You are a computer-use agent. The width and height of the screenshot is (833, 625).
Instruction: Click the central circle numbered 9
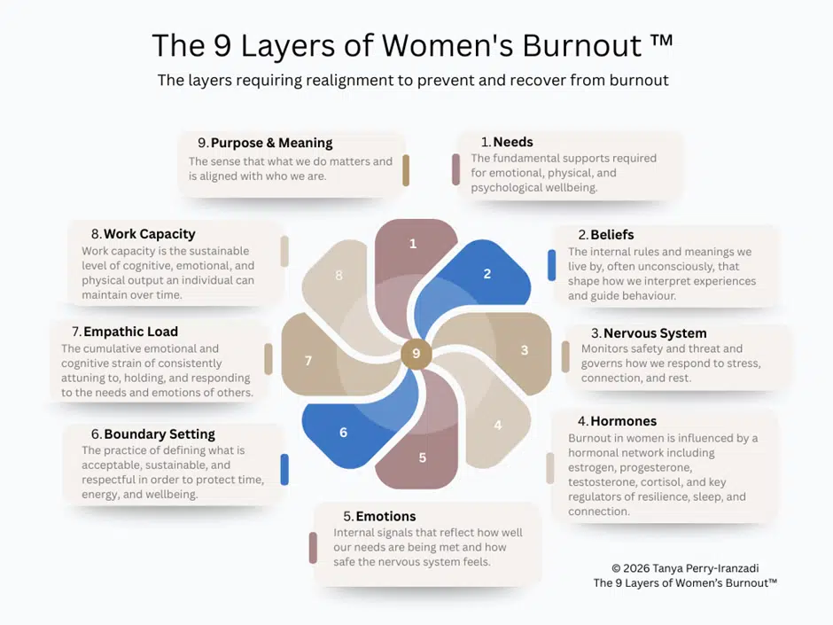(x=416, y=354)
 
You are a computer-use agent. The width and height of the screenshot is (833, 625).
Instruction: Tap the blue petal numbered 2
(x=483, y=275)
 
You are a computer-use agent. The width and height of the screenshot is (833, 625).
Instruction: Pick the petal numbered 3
(x=518, y=351)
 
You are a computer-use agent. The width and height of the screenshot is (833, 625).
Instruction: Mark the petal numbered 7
(x=311, y=359)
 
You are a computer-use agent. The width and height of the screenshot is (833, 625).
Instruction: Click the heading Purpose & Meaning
(x=271, y=143)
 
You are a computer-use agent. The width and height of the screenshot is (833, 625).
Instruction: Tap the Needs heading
(x=513, y=142)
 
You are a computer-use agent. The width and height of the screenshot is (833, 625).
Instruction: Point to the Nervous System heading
(x=655, y=333)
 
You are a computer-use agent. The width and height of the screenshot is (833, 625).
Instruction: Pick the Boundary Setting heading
(x=160, y=434)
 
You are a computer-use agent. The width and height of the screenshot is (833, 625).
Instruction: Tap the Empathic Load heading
(x=130, y=332)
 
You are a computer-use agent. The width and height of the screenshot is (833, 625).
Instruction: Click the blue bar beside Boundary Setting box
(x=284, y=469)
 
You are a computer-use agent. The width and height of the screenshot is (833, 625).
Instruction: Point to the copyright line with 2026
(x=685, y=567)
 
